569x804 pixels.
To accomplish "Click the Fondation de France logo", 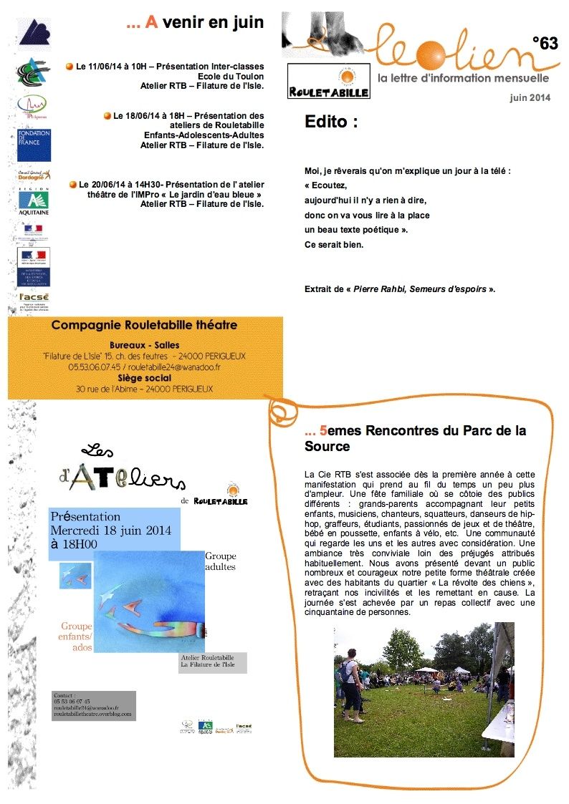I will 34,145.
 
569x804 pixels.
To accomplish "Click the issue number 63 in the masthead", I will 545,44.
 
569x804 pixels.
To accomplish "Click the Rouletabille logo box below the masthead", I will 328,82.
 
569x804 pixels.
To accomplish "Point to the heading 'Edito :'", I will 331,122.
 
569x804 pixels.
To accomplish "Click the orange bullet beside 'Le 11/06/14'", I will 70,67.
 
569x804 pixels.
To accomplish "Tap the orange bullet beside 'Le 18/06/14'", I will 107,115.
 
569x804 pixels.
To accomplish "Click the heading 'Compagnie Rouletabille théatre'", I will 144,325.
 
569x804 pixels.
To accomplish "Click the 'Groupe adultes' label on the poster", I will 220,561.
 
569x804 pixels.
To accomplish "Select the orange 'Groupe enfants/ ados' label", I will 77,636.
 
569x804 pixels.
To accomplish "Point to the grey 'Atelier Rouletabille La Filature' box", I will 212,662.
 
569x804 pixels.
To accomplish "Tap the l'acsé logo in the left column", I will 34,301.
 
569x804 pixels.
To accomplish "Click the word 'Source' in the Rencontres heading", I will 327,446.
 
